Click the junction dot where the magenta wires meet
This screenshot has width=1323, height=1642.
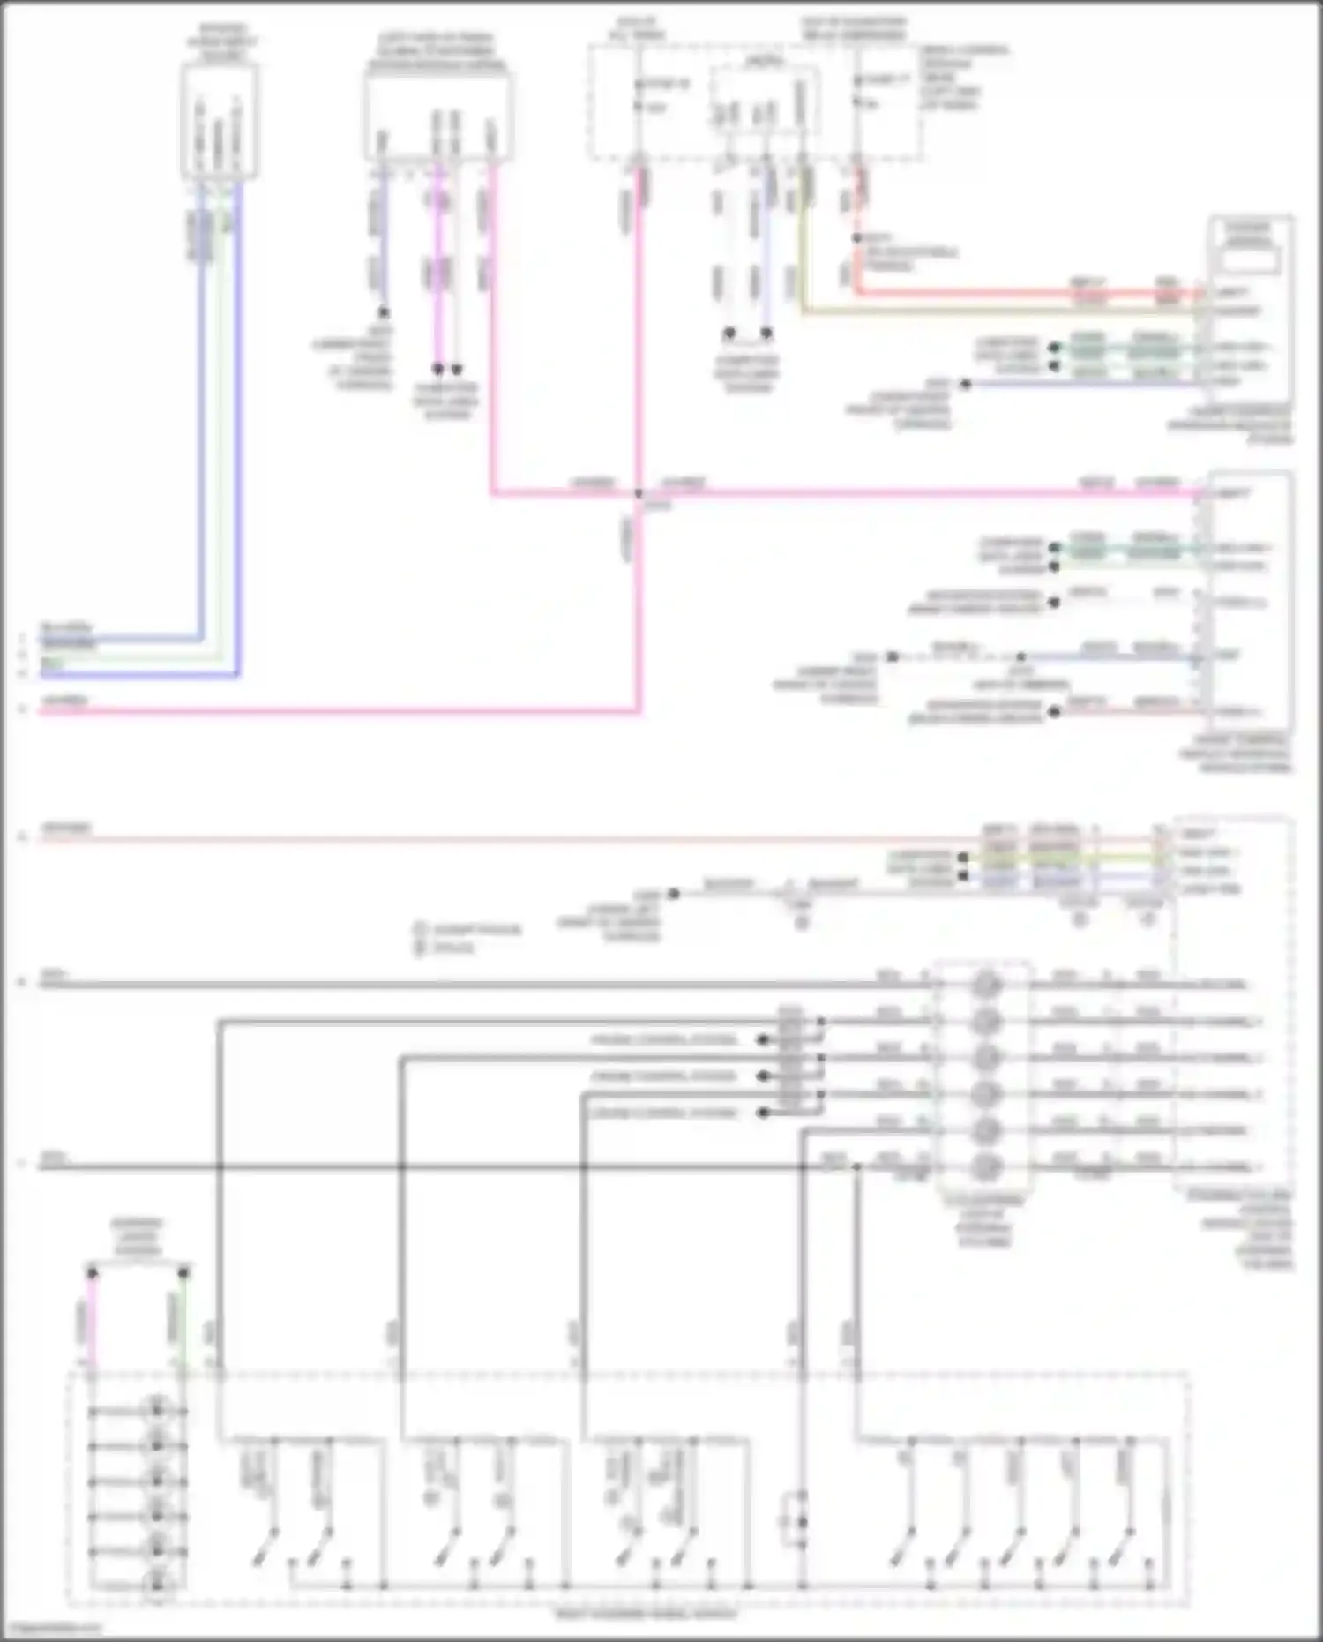[639, 493]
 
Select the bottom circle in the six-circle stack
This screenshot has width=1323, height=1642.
[985, 1166]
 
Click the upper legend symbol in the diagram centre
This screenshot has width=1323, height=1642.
[421, 929]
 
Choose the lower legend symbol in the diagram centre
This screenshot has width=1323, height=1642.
[421, 948]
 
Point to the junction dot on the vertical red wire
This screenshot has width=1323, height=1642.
[856, 238]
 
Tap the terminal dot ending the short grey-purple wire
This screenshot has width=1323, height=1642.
[384, 312]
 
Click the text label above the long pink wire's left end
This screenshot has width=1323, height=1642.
[66, 701]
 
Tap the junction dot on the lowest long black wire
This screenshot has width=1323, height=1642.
[856, 1166]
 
